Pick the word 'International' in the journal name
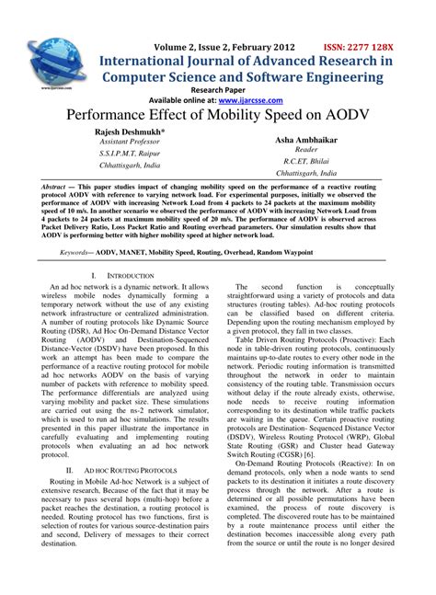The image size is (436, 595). tap(147, 61)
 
